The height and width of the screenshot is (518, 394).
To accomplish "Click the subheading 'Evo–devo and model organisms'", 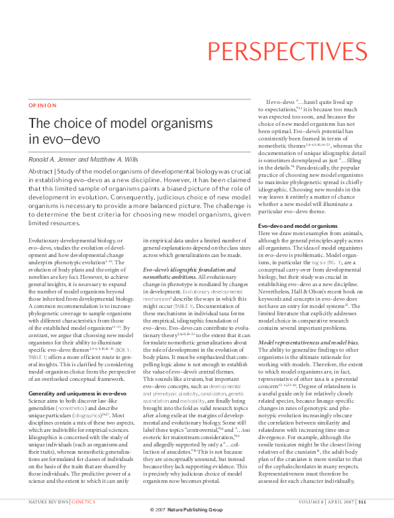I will (x=297, y=227).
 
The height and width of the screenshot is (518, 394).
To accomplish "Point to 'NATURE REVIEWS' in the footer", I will (x=48, y=502).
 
